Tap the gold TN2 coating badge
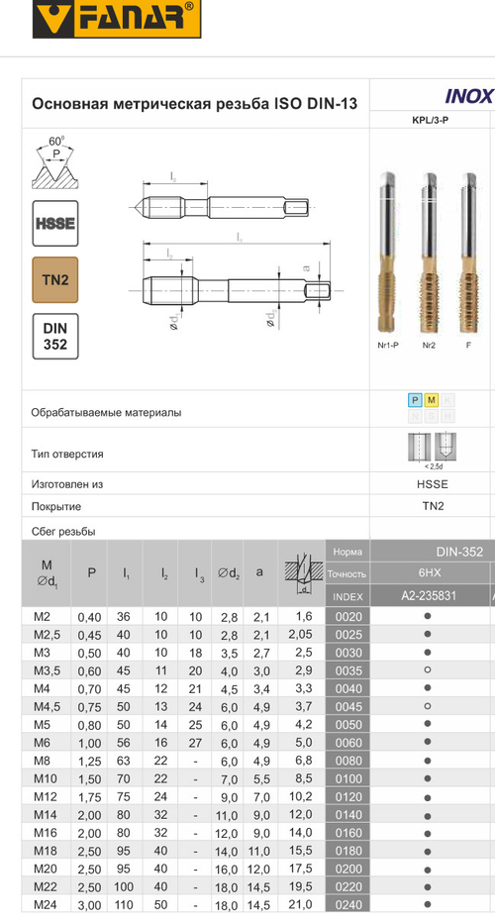coord(55,280)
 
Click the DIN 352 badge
coord(55,337)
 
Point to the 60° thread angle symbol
coord(55,163)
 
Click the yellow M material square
coord(431,400)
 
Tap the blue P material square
coord(415,400)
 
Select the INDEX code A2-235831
coord(429,596)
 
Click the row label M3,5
coord(49,670)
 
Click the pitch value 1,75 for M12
coord(91,796)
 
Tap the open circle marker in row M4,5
coord(428,706)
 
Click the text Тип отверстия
coord(68,455)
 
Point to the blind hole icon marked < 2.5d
coord(432,448)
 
